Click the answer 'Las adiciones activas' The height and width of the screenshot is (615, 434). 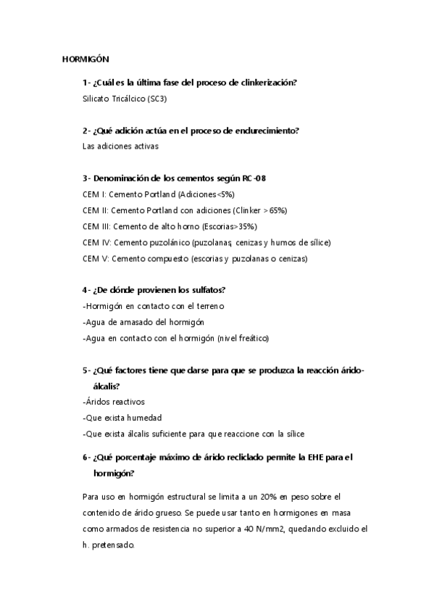(120, 146)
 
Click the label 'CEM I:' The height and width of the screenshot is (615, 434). (96, 194)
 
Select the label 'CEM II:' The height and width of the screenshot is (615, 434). (97, 210)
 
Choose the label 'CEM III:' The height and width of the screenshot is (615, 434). (98, 226)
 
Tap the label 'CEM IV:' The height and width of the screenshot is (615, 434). (98, 242)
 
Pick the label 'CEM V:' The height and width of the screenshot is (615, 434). (96, 258)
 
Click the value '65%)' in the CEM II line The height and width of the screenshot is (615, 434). (278, 210)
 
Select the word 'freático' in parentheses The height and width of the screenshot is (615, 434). (251, 338)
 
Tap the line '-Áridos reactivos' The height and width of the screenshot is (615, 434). (115, 401)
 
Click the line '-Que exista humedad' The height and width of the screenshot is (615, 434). (122, 418)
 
